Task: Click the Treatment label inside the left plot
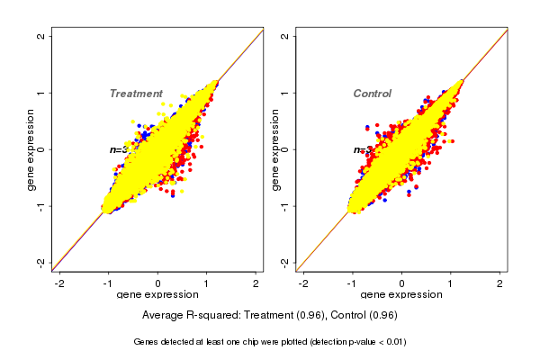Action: (x=136, y=94)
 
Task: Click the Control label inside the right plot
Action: (x=372, y=94)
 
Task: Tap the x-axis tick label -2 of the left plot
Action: (x=60, y=283)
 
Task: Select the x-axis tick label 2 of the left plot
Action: (x=256, y=283)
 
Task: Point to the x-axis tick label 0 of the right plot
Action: (x=401, y=283)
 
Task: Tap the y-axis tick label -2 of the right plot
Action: (x=284, y=262)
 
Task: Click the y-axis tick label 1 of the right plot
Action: (x=284, y=93)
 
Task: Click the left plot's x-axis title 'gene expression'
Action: (x=157, y=296)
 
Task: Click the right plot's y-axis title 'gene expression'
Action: (x=275, y=149)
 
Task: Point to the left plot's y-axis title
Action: (x=31, y=149)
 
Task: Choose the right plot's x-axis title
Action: (x=401, y=296)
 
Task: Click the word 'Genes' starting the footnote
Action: (x=146, y=342)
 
